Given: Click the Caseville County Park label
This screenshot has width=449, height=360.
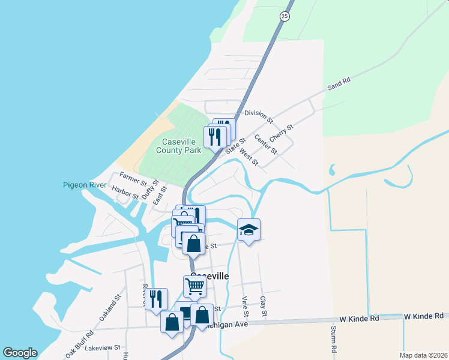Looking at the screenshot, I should tap(178, 146).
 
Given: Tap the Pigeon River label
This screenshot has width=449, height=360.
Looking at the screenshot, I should tap(83, 185).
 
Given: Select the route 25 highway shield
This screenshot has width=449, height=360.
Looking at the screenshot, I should tap(285, 16).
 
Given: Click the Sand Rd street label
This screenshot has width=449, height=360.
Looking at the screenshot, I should tap(339, 84).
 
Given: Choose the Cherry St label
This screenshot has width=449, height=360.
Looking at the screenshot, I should tap(281, 133).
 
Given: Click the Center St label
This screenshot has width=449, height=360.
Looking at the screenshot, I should tap(265, 144).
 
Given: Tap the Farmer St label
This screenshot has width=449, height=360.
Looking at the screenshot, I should tap(133, 178).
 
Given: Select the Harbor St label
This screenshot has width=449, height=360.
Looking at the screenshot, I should tap(125, 192).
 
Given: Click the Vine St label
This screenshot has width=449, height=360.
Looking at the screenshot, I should tap(245, 306).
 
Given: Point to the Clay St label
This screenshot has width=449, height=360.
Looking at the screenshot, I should tap(263, 306).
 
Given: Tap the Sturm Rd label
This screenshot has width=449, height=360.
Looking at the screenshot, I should tap(333, 339).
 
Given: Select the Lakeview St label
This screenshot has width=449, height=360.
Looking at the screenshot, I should tap(103, 347).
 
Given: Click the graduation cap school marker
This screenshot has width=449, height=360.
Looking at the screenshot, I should tap(249, 230).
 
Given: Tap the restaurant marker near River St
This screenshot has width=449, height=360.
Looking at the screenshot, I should tap(156, 299).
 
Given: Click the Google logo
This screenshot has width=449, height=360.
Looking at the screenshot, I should tap(20, 353).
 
